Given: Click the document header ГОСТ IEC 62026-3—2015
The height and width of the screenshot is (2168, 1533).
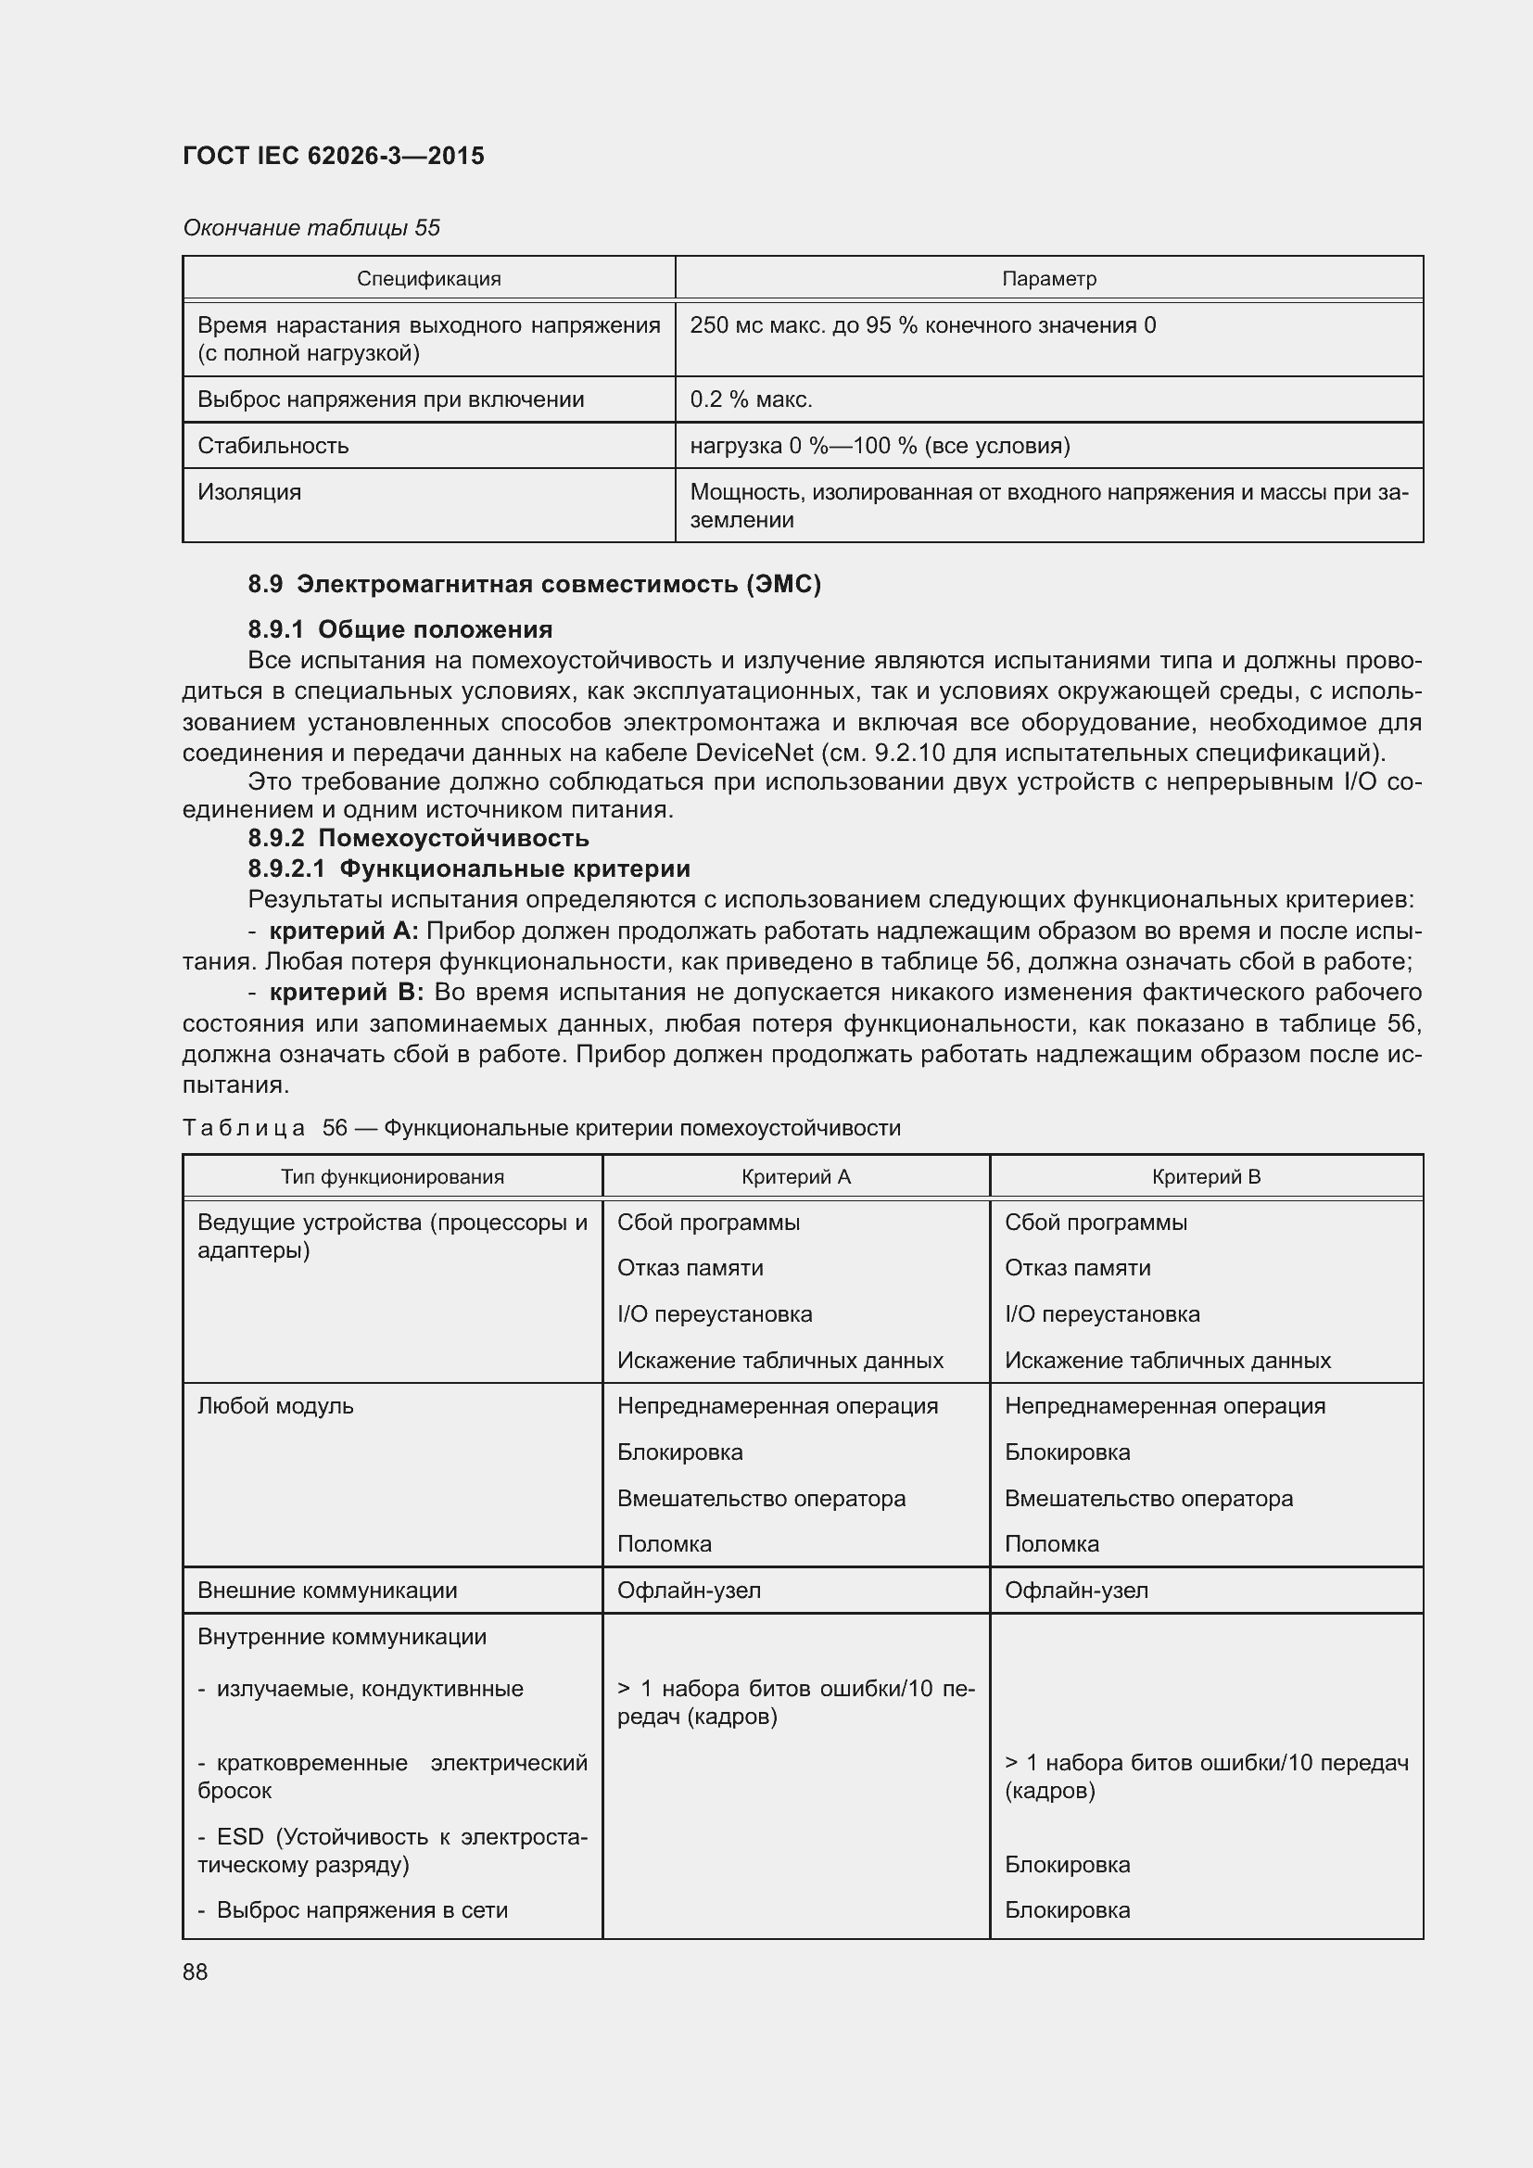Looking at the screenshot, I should click(x=334, y=156).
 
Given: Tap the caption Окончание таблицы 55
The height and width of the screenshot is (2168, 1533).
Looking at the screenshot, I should click(x=311, y=228).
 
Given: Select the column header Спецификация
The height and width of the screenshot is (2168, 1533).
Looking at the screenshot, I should click(x=428, y=279).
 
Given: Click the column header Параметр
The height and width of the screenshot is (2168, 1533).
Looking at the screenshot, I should click(x=1049, y=279).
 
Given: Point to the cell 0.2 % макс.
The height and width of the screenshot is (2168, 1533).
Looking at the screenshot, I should click(x=752, y=399).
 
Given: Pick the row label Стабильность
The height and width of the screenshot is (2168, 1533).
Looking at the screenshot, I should click(x=272, y=446).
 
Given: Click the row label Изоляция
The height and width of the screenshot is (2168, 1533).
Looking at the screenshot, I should click(x=249, y=492).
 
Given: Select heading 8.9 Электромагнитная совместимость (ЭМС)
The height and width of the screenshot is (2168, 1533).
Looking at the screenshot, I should click(x=534, y=585).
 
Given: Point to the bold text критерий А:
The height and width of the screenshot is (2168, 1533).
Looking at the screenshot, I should click(x=344, y=931).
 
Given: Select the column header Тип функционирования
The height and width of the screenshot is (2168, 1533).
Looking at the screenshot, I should click(x=393, y=1176).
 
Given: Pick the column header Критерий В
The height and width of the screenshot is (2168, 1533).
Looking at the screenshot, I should click(x=1206, y=1176).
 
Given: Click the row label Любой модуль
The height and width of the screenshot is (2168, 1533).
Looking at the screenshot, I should click(x=275, y=1406).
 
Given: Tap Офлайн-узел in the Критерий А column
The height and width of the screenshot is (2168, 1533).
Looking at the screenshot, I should click(x=689, y=1591).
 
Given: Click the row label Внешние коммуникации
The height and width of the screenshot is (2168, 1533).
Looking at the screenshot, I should click(x=327, y=1591).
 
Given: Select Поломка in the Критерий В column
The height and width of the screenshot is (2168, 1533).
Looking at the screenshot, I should click(x=1052, y=1544).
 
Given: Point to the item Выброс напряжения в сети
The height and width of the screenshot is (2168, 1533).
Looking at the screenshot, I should click(x=361, y=1910).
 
